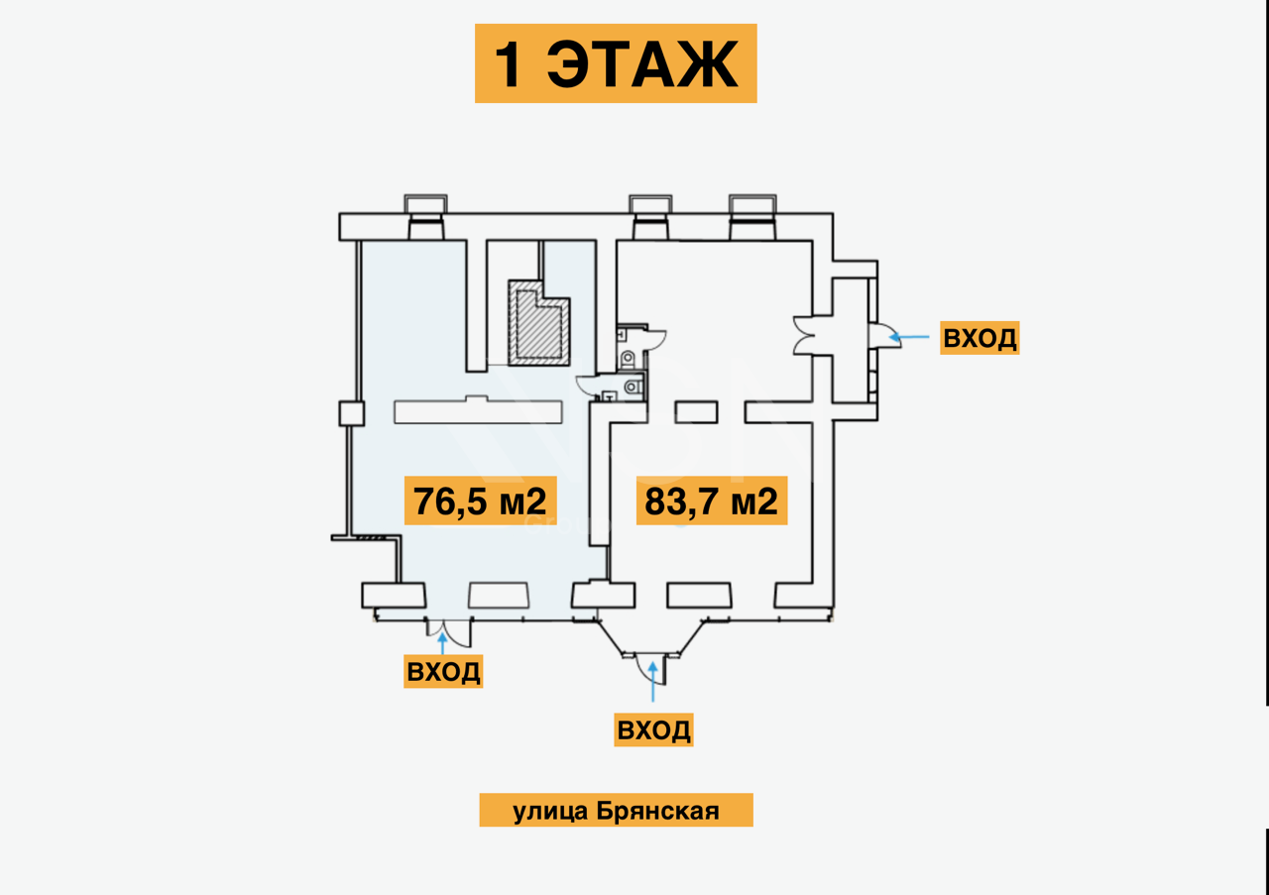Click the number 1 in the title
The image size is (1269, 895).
pyautogui.click(x=509, y=65)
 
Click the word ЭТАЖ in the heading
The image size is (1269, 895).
pyautogui.click(x=642, y=65)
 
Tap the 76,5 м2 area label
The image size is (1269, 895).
pyautogui.click(x=481, y=502)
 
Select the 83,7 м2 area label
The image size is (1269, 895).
pyautogui.click(x=711, y=502)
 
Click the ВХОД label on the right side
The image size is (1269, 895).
pyautogui.click(x=980, y=338)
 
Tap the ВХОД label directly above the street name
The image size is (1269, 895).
pyautogui.click(x=653, y=730)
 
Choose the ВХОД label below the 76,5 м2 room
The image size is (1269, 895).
pyautogui.click(x=443, y=671)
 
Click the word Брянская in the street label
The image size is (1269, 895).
pyautogui.click(x=658, y=811)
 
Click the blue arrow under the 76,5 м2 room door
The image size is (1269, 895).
pyautogui.click(x=442, y=640)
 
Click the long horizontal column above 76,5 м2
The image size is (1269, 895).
pyautogui.click(x=478, y=410)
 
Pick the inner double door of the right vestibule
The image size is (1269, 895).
pyautogui.click(x=804, y=335)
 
